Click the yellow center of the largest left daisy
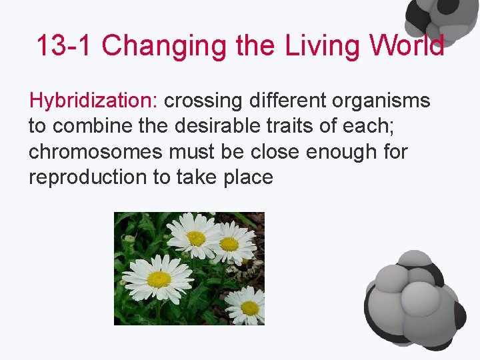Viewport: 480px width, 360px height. tap(159, 279)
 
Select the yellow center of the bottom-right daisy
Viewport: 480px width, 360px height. tap(250, 308)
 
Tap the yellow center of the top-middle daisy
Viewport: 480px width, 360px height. tap(196, 238)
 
